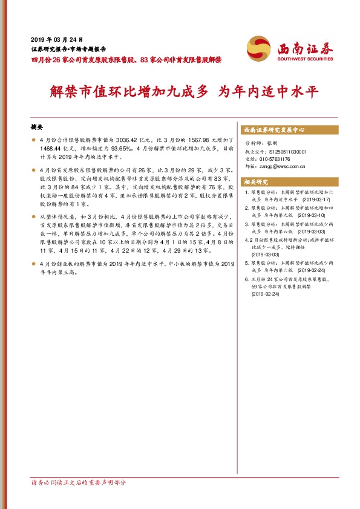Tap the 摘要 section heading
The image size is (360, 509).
point(37,128)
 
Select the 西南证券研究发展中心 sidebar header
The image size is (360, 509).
point(273,130)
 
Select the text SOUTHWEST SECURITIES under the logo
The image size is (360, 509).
point(306,59)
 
